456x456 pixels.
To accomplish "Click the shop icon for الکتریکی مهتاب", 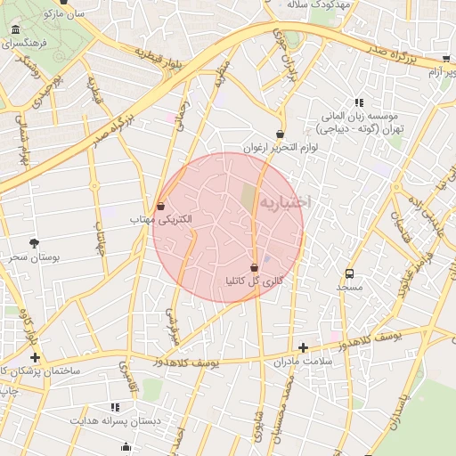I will click(160, 206).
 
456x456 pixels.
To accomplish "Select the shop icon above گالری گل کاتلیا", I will click(255, 267).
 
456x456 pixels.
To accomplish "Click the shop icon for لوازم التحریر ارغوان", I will click(280, 134).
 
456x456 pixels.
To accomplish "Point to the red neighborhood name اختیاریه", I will click(283, 202).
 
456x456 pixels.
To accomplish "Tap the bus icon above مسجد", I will click(349, 274).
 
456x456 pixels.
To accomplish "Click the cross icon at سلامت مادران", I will click(303, 347).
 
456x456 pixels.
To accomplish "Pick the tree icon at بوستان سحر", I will click(35, 242).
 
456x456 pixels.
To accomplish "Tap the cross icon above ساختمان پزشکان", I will click(35, 356).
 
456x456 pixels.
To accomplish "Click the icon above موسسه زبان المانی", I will click(359, 102).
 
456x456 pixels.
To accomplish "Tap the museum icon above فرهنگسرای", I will click(15, 31).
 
